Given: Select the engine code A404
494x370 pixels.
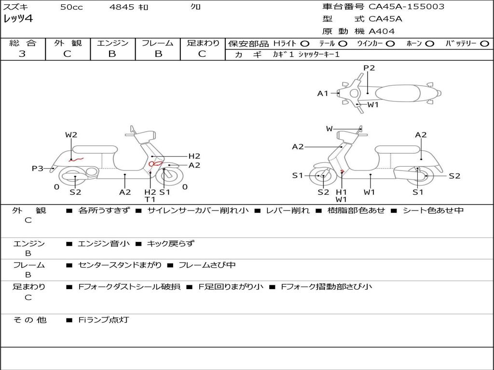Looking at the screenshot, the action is click(x=382, y=31).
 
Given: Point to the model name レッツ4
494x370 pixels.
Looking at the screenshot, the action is click(x=18, y=19).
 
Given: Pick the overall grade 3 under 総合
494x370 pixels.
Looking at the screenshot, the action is click(x=22, y=53).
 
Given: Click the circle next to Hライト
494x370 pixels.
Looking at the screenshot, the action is click(x=304, y=43).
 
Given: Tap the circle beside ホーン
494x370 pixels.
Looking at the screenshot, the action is click(x=429, y=43).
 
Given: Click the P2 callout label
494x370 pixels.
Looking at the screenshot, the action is click(x=369, y=68).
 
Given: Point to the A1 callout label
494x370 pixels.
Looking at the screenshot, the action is click(x=322, y=93).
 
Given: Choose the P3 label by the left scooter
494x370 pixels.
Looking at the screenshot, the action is click(x=37, y=168).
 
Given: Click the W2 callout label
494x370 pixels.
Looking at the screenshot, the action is click(x=71, y=135).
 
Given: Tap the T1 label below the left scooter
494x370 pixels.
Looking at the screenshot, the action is click(x=150, y=199).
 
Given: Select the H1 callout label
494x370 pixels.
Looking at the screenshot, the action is click(x=342, y=192).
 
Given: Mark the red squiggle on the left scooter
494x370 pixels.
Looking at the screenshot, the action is click(x=77, y=158).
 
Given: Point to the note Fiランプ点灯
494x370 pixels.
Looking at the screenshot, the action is click(x=104, y=319).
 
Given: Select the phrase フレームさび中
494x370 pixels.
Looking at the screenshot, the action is click(x=207, y=265).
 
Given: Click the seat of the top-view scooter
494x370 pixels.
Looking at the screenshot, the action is click(x=398, y=93).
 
